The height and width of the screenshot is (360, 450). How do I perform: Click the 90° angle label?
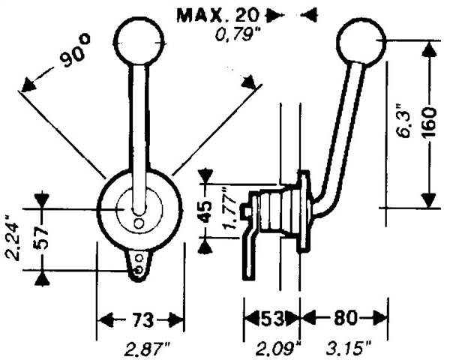click(x=75, y=50)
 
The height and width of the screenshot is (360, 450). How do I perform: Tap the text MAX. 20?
click(x=218, y=15)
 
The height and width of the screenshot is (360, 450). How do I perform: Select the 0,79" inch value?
click(x=235, y=35)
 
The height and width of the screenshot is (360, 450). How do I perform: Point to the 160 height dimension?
click(x=430, y=122)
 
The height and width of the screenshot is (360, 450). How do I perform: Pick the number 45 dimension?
click(x=205, y=211)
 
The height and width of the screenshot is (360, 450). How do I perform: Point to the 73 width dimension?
click(x=142, y=319)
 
